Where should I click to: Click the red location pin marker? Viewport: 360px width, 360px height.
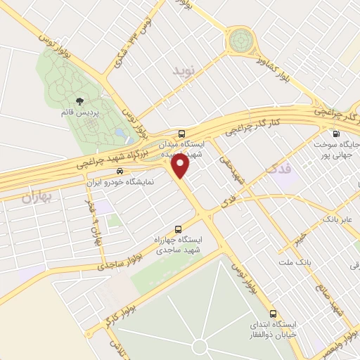(181, 166)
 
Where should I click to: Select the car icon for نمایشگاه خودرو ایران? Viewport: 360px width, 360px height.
(120, 171)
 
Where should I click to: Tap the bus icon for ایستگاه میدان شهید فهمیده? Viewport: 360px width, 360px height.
(182, 133)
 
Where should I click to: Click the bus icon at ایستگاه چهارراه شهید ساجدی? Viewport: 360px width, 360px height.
(178, 229)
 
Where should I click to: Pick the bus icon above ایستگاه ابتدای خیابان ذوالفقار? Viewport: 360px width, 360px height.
(274, 313)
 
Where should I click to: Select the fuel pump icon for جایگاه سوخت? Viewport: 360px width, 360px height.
(335, 134)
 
